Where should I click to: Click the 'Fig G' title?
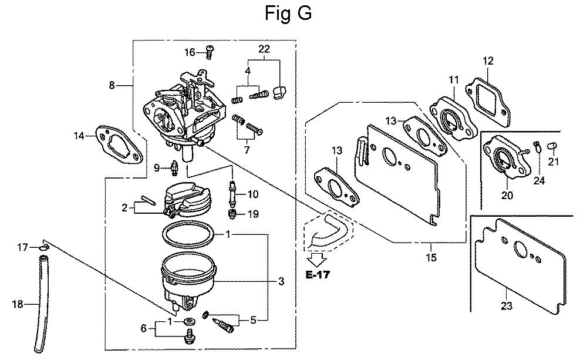(288, 13)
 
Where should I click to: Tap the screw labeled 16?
(210, 52)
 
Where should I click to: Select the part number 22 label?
(264, 49)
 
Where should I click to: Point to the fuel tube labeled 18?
(42, 304)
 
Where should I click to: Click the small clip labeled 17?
(44, 247)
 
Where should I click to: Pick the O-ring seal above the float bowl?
(188, 234)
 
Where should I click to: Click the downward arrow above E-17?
(317, 259)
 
